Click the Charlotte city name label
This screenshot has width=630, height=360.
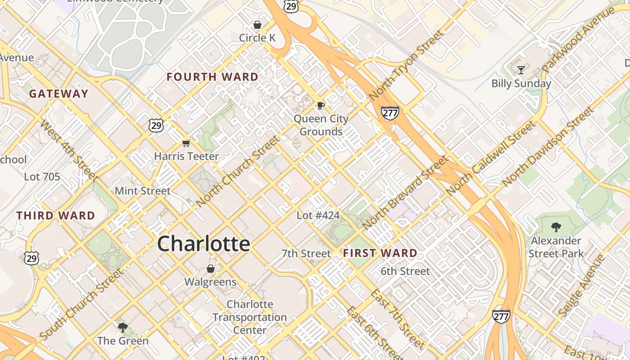203,243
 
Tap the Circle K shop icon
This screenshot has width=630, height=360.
257,24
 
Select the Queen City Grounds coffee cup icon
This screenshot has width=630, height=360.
320,105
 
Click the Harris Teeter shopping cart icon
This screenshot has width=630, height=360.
186,143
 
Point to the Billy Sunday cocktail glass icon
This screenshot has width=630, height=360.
521,70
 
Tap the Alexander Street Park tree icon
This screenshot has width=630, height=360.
556,227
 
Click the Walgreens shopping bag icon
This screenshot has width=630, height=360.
210,269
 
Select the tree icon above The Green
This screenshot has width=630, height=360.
122,327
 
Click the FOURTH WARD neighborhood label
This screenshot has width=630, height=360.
212,77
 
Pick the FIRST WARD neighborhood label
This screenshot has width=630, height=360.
380,253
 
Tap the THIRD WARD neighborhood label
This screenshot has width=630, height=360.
56,216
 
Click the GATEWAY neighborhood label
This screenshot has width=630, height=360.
58,94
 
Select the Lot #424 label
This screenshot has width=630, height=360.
318,216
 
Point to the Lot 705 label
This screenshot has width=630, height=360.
42,177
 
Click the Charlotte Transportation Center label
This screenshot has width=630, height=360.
250,317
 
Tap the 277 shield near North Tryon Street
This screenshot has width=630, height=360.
390,112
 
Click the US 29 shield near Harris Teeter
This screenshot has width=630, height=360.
156,126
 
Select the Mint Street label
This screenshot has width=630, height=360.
143,191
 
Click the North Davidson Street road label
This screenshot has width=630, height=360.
548,147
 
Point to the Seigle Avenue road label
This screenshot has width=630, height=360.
581,285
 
